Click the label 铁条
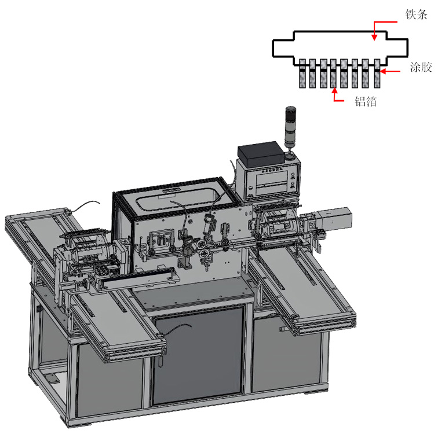tap(416, 14)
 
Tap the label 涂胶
tap(421, 67)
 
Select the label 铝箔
tap(366, 101)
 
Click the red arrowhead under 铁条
tap(375, 37)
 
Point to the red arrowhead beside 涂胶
tap(383, 71)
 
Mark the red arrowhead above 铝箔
tap(334, 91)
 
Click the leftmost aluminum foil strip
tap(302, 73)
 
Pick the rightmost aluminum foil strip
tap(377, 73)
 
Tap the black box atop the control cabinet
tap(261, 154)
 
